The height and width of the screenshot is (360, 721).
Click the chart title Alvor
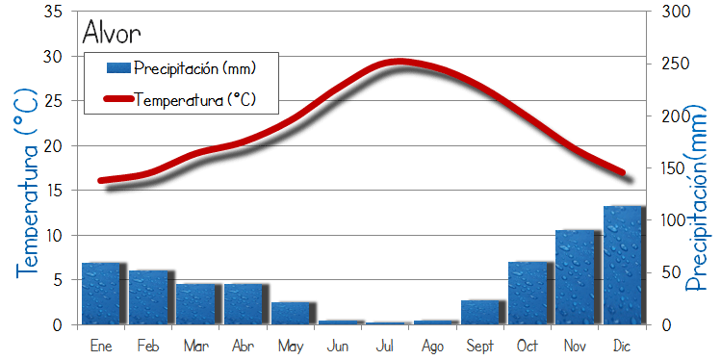(112, 32)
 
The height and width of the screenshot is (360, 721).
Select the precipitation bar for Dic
(622, 266)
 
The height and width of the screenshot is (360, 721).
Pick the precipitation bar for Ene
(101, 294)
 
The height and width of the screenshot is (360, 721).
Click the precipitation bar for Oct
(528, 294)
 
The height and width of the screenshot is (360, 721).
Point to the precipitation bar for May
(291, 314)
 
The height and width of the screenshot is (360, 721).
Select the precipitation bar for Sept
(480, 313)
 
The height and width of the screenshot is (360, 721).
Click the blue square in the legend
(117, 68)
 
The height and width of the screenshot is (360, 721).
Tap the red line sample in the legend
(117, 98)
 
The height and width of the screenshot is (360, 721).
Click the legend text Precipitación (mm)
(194, 68)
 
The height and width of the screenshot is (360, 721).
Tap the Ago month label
(433, 345)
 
